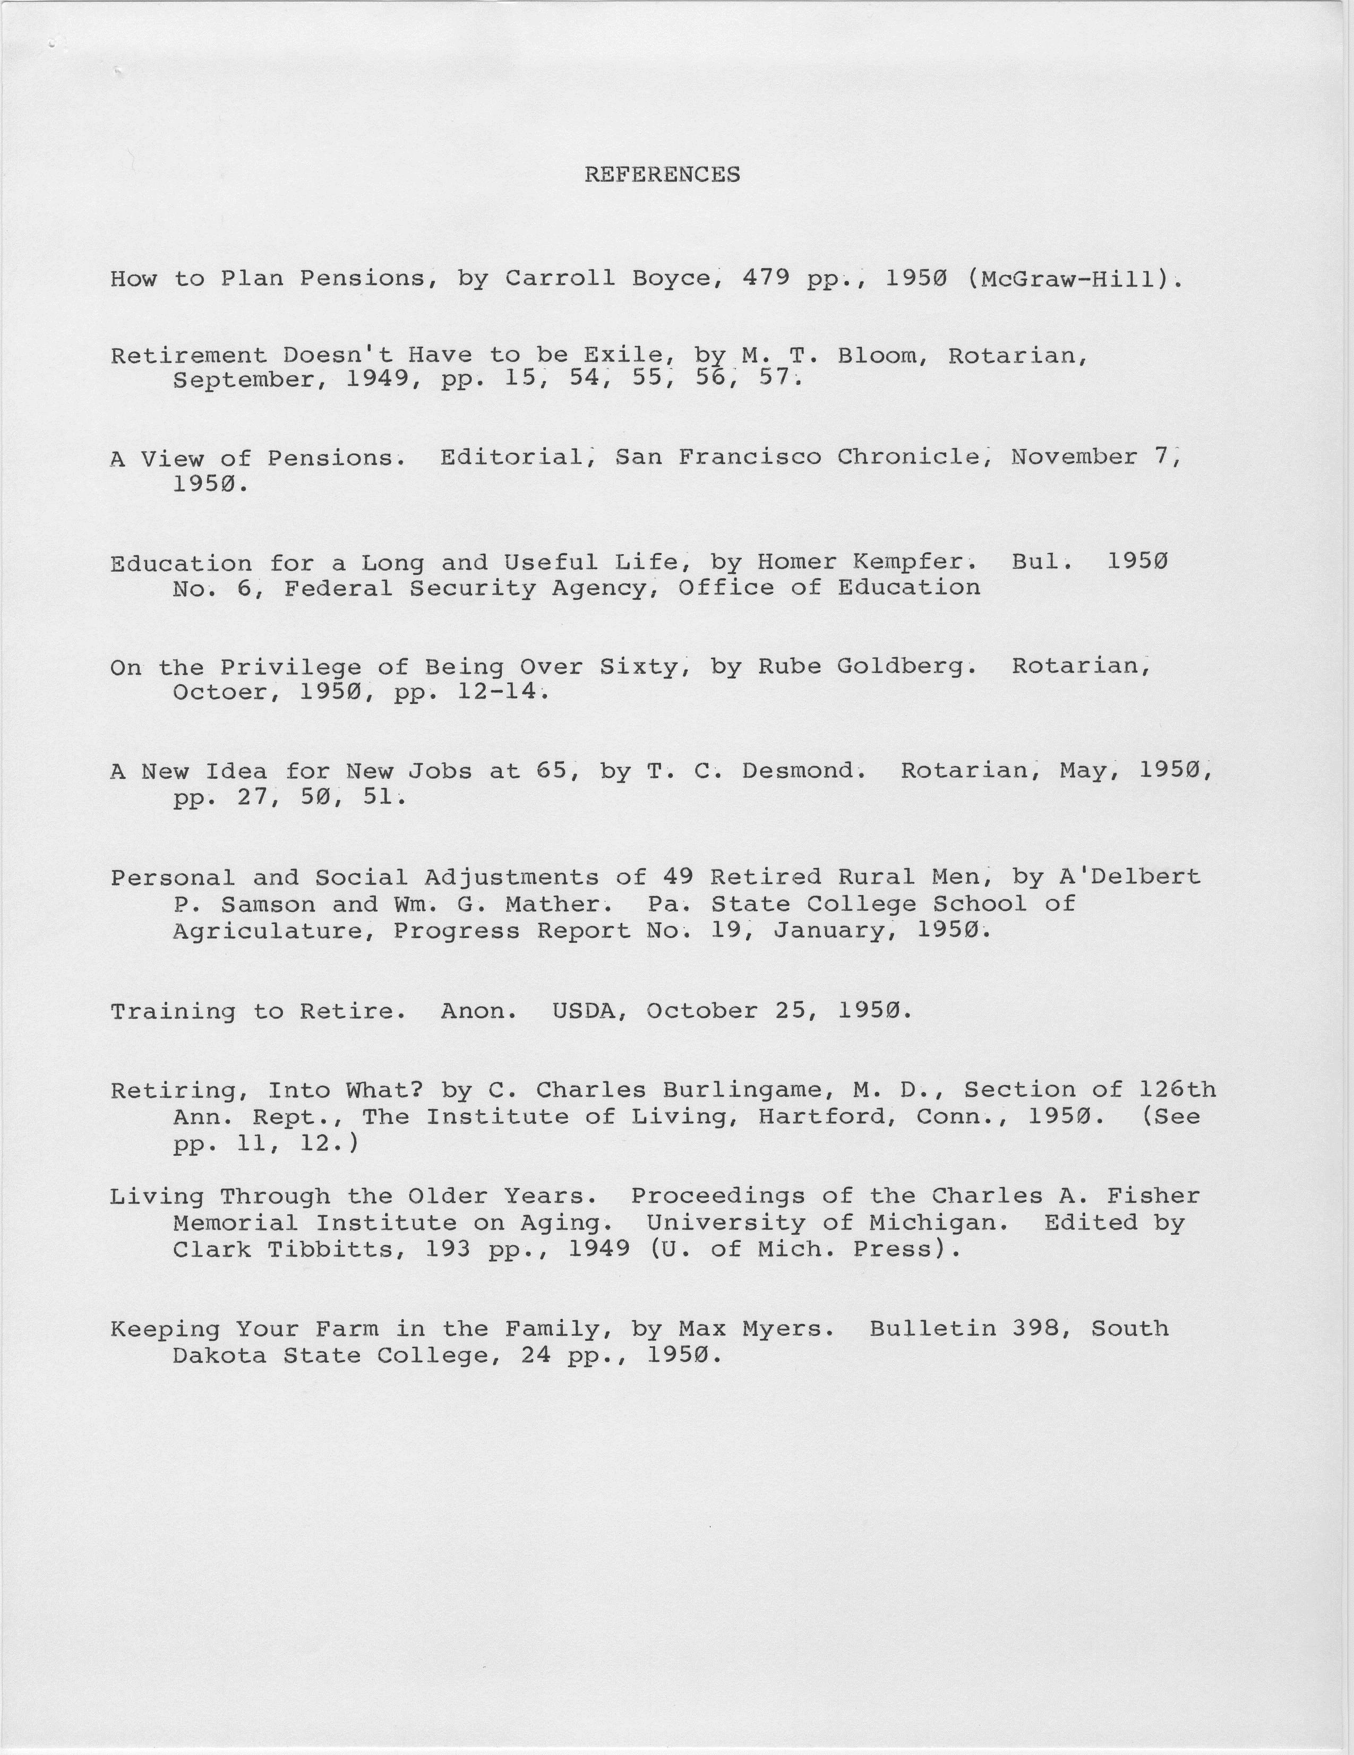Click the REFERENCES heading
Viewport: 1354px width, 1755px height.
(662, 174)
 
